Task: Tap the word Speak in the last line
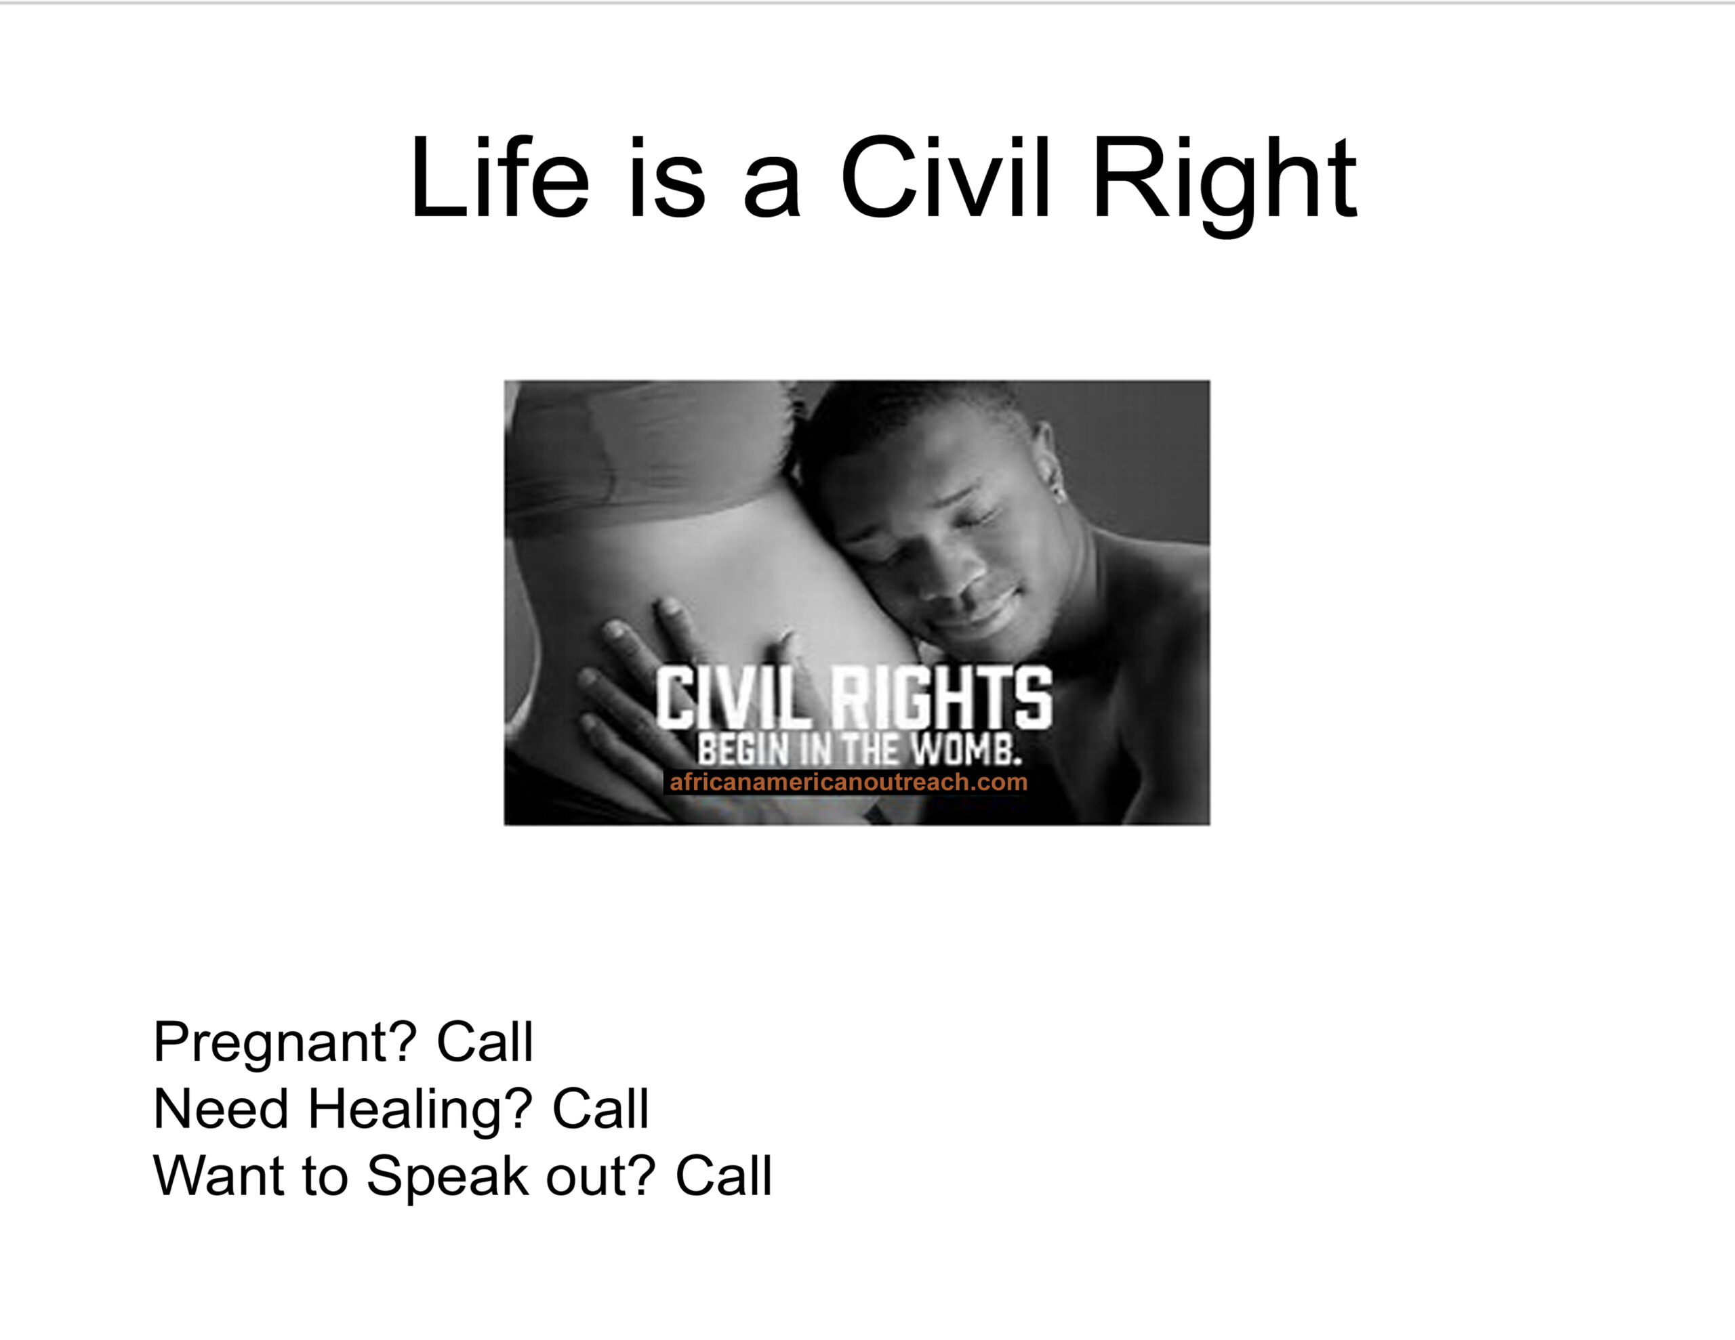[447, 1177]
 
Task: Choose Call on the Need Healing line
[600, 1109]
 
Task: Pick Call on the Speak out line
[724, 1175]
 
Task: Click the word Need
[221, 1109]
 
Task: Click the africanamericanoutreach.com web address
[849, 782]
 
